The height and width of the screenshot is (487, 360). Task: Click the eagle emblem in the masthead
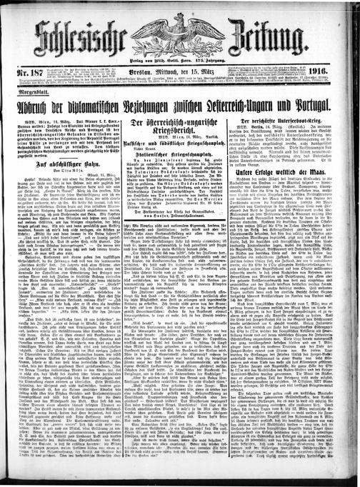[x=185, y=27]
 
